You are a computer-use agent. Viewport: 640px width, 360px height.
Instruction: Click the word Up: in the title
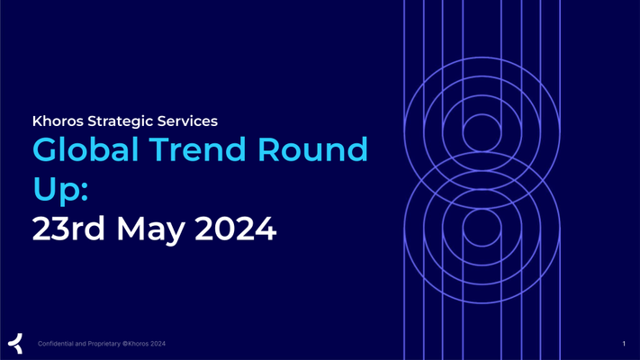(x=60, y=189)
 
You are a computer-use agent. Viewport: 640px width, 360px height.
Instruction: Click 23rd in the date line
(x=68, y=229)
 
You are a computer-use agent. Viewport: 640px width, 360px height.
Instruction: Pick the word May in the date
(x=150, y=230)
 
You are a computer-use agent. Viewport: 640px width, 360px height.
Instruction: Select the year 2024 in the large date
(x=236, y=229)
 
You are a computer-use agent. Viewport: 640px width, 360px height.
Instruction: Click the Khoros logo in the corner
(x=15, y=343)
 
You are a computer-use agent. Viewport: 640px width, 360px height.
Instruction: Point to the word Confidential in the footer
(x=56, y=344)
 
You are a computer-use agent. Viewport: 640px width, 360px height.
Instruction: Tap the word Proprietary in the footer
(x=104, y=344)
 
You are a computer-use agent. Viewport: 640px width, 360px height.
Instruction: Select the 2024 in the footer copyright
(x=158, y=344)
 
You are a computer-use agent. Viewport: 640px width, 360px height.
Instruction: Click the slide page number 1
(x=624, y=344)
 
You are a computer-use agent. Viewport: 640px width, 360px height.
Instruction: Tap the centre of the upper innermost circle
(x=482, y=133)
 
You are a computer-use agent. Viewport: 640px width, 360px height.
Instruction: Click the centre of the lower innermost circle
(x=482, y=228)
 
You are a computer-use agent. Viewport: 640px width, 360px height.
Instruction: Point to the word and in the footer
(x=80, y=344)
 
